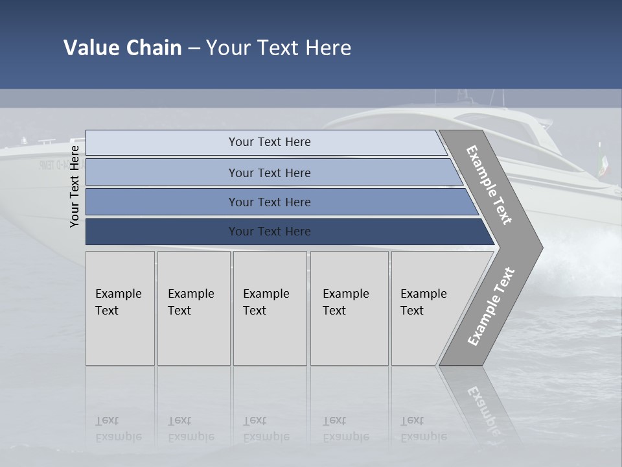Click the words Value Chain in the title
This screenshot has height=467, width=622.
(x=122, y=48)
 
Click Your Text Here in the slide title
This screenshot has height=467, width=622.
(x=279, y=48)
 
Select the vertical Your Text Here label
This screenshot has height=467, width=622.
(x=75, y=186)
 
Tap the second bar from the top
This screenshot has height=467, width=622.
(x=269, y=173)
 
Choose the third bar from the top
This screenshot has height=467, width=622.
(x=269, y=202)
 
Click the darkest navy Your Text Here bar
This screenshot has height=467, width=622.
(x=269, y=232)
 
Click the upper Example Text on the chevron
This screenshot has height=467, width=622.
(x=489, y=185)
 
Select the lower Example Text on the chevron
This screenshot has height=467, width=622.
(x=491, y=306)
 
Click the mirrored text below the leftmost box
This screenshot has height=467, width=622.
(x=119, y=429)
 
